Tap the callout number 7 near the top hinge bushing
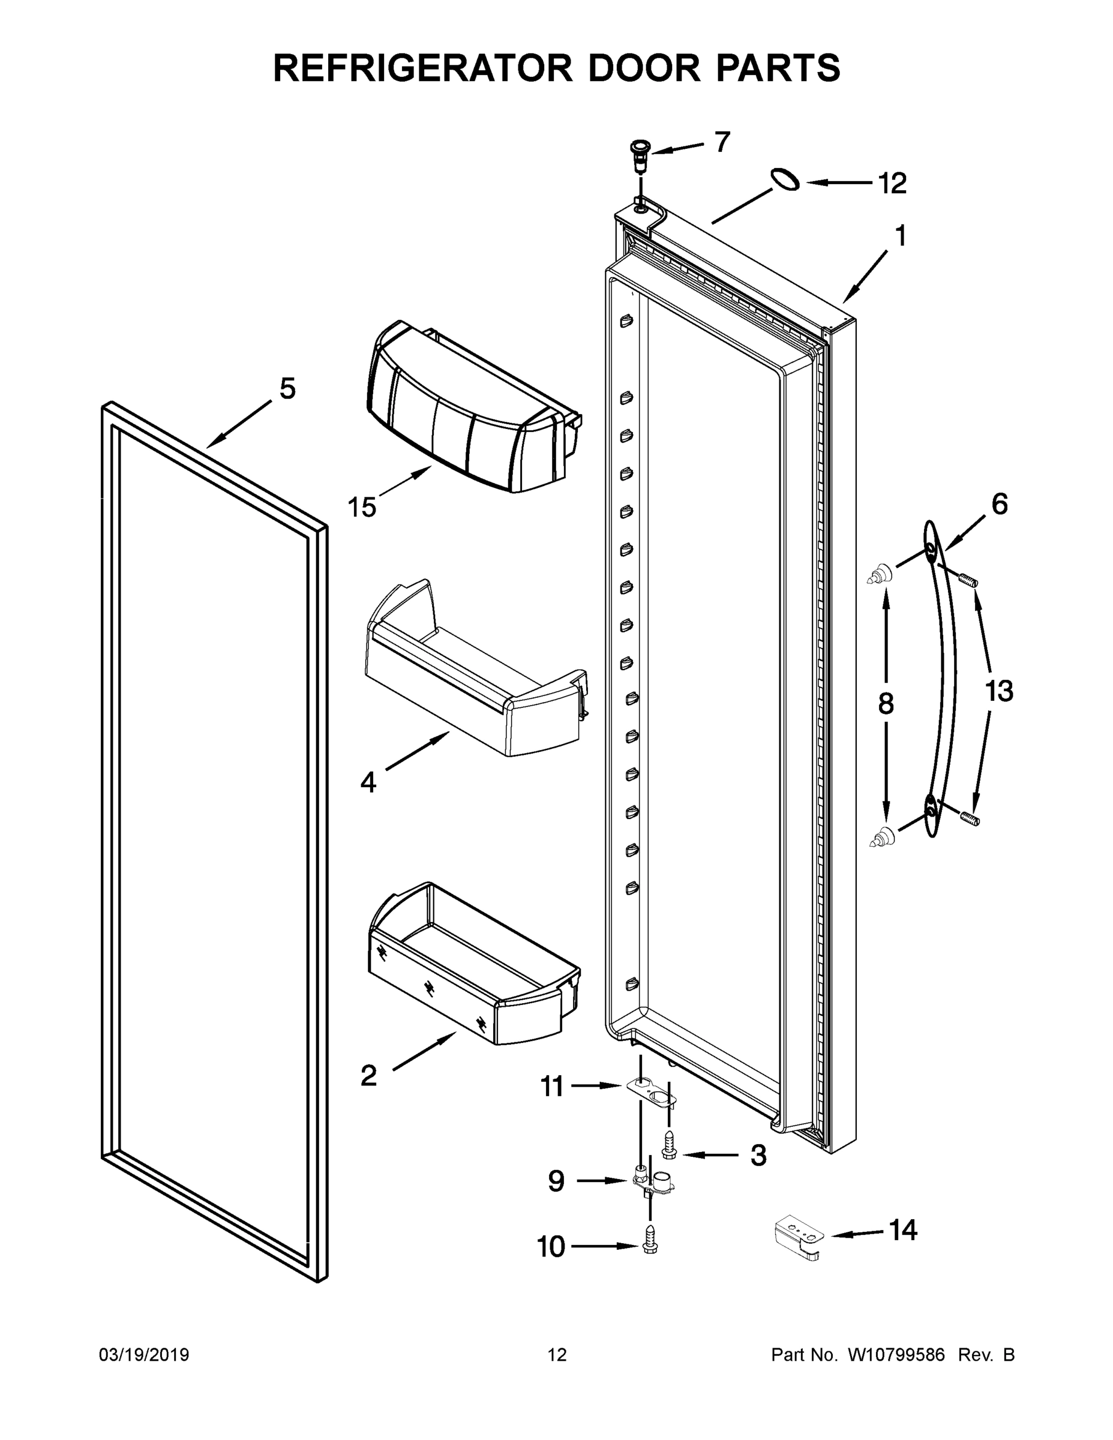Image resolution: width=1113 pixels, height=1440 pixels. tap(722, 142)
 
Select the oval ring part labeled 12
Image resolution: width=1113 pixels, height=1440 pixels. tap(785, 179)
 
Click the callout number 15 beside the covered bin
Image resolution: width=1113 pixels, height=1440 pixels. tap(361, 506)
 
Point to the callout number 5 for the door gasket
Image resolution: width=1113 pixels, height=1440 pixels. tap(287, 388)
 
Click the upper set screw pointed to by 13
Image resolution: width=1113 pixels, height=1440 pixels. tap(967, 580)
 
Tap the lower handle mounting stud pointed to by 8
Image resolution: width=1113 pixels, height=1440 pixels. tap(881, 838)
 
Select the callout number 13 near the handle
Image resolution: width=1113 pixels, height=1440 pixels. tap(998, 691)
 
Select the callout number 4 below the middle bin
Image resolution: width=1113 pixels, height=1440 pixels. tap(368, 782)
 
